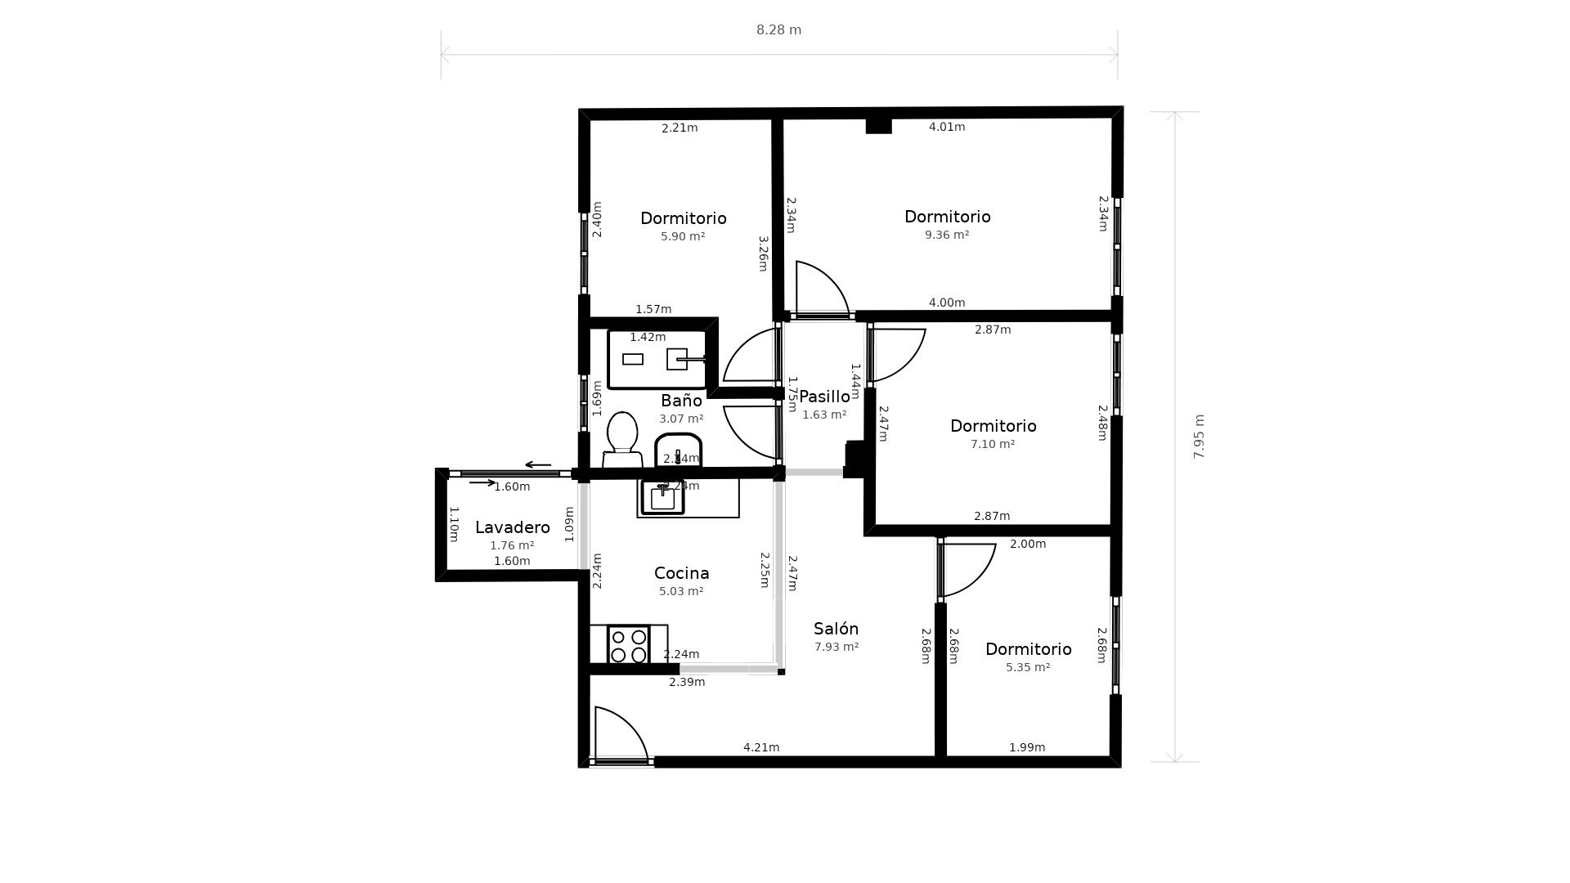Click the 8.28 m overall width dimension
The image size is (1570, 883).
(x=778, y=30)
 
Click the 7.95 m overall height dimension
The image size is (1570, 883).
(x=1199, y=437)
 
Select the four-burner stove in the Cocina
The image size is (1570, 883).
(x=629, y=645)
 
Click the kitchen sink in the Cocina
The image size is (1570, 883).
(x=662, y=498)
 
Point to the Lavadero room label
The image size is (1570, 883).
(x=512, y=527)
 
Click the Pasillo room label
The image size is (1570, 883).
(x=824, y=397)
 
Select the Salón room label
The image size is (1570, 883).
(x=836, y=629)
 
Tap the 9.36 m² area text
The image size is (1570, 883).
(x=947, y=235)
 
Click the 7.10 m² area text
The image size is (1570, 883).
(x=993, y=444)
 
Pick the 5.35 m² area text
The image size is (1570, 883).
(x=1028, y=667)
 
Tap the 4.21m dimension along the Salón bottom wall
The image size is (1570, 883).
(x=761, y=747)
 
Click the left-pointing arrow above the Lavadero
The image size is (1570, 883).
(x=538, y=465)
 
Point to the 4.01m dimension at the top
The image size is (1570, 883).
(x=947, y=127)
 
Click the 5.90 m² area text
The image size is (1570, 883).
(x=683, y=236)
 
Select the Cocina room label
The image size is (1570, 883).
(x=681, y=573)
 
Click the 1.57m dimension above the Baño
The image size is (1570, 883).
(x=653, y=309)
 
